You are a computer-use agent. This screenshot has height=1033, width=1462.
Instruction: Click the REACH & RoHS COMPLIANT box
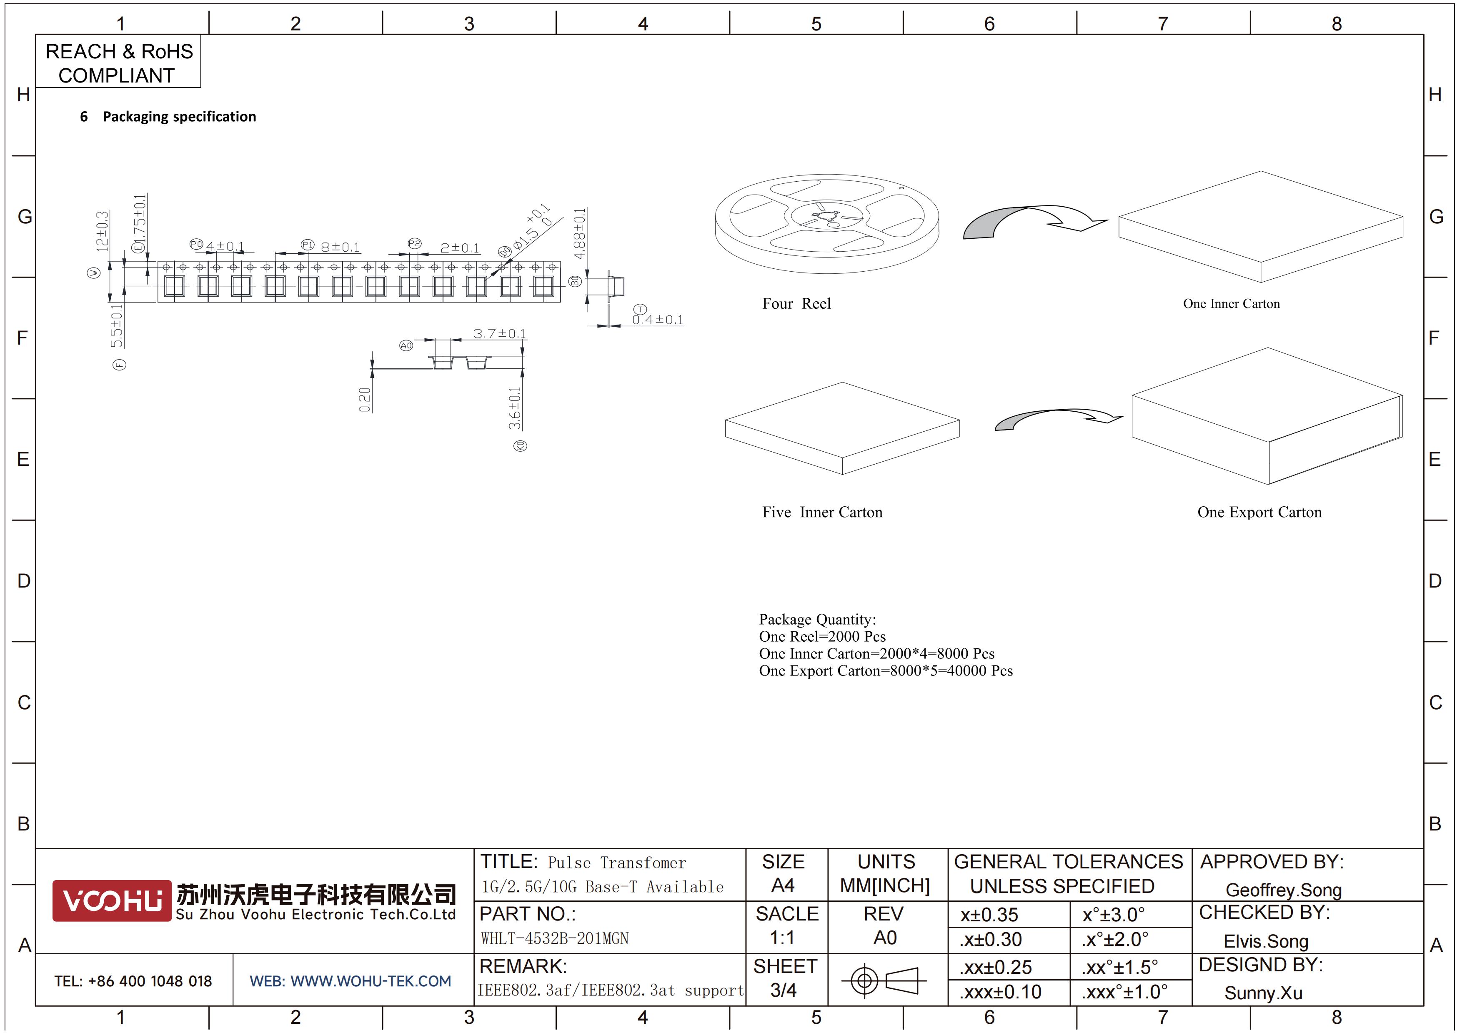tap(118, 62)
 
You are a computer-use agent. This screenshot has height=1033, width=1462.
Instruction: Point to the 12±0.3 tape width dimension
tap(102, 231)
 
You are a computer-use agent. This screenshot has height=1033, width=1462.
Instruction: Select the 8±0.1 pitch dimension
tap(340, 247)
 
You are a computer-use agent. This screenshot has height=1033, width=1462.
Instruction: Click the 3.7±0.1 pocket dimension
tap(499, 333)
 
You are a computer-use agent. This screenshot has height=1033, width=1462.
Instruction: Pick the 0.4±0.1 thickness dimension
tap(658, 320)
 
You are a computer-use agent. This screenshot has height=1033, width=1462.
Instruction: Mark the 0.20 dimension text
tap(364, 400)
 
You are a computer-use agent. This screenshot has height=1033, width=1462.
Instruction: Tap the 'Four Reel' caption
tap(796, 304)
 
